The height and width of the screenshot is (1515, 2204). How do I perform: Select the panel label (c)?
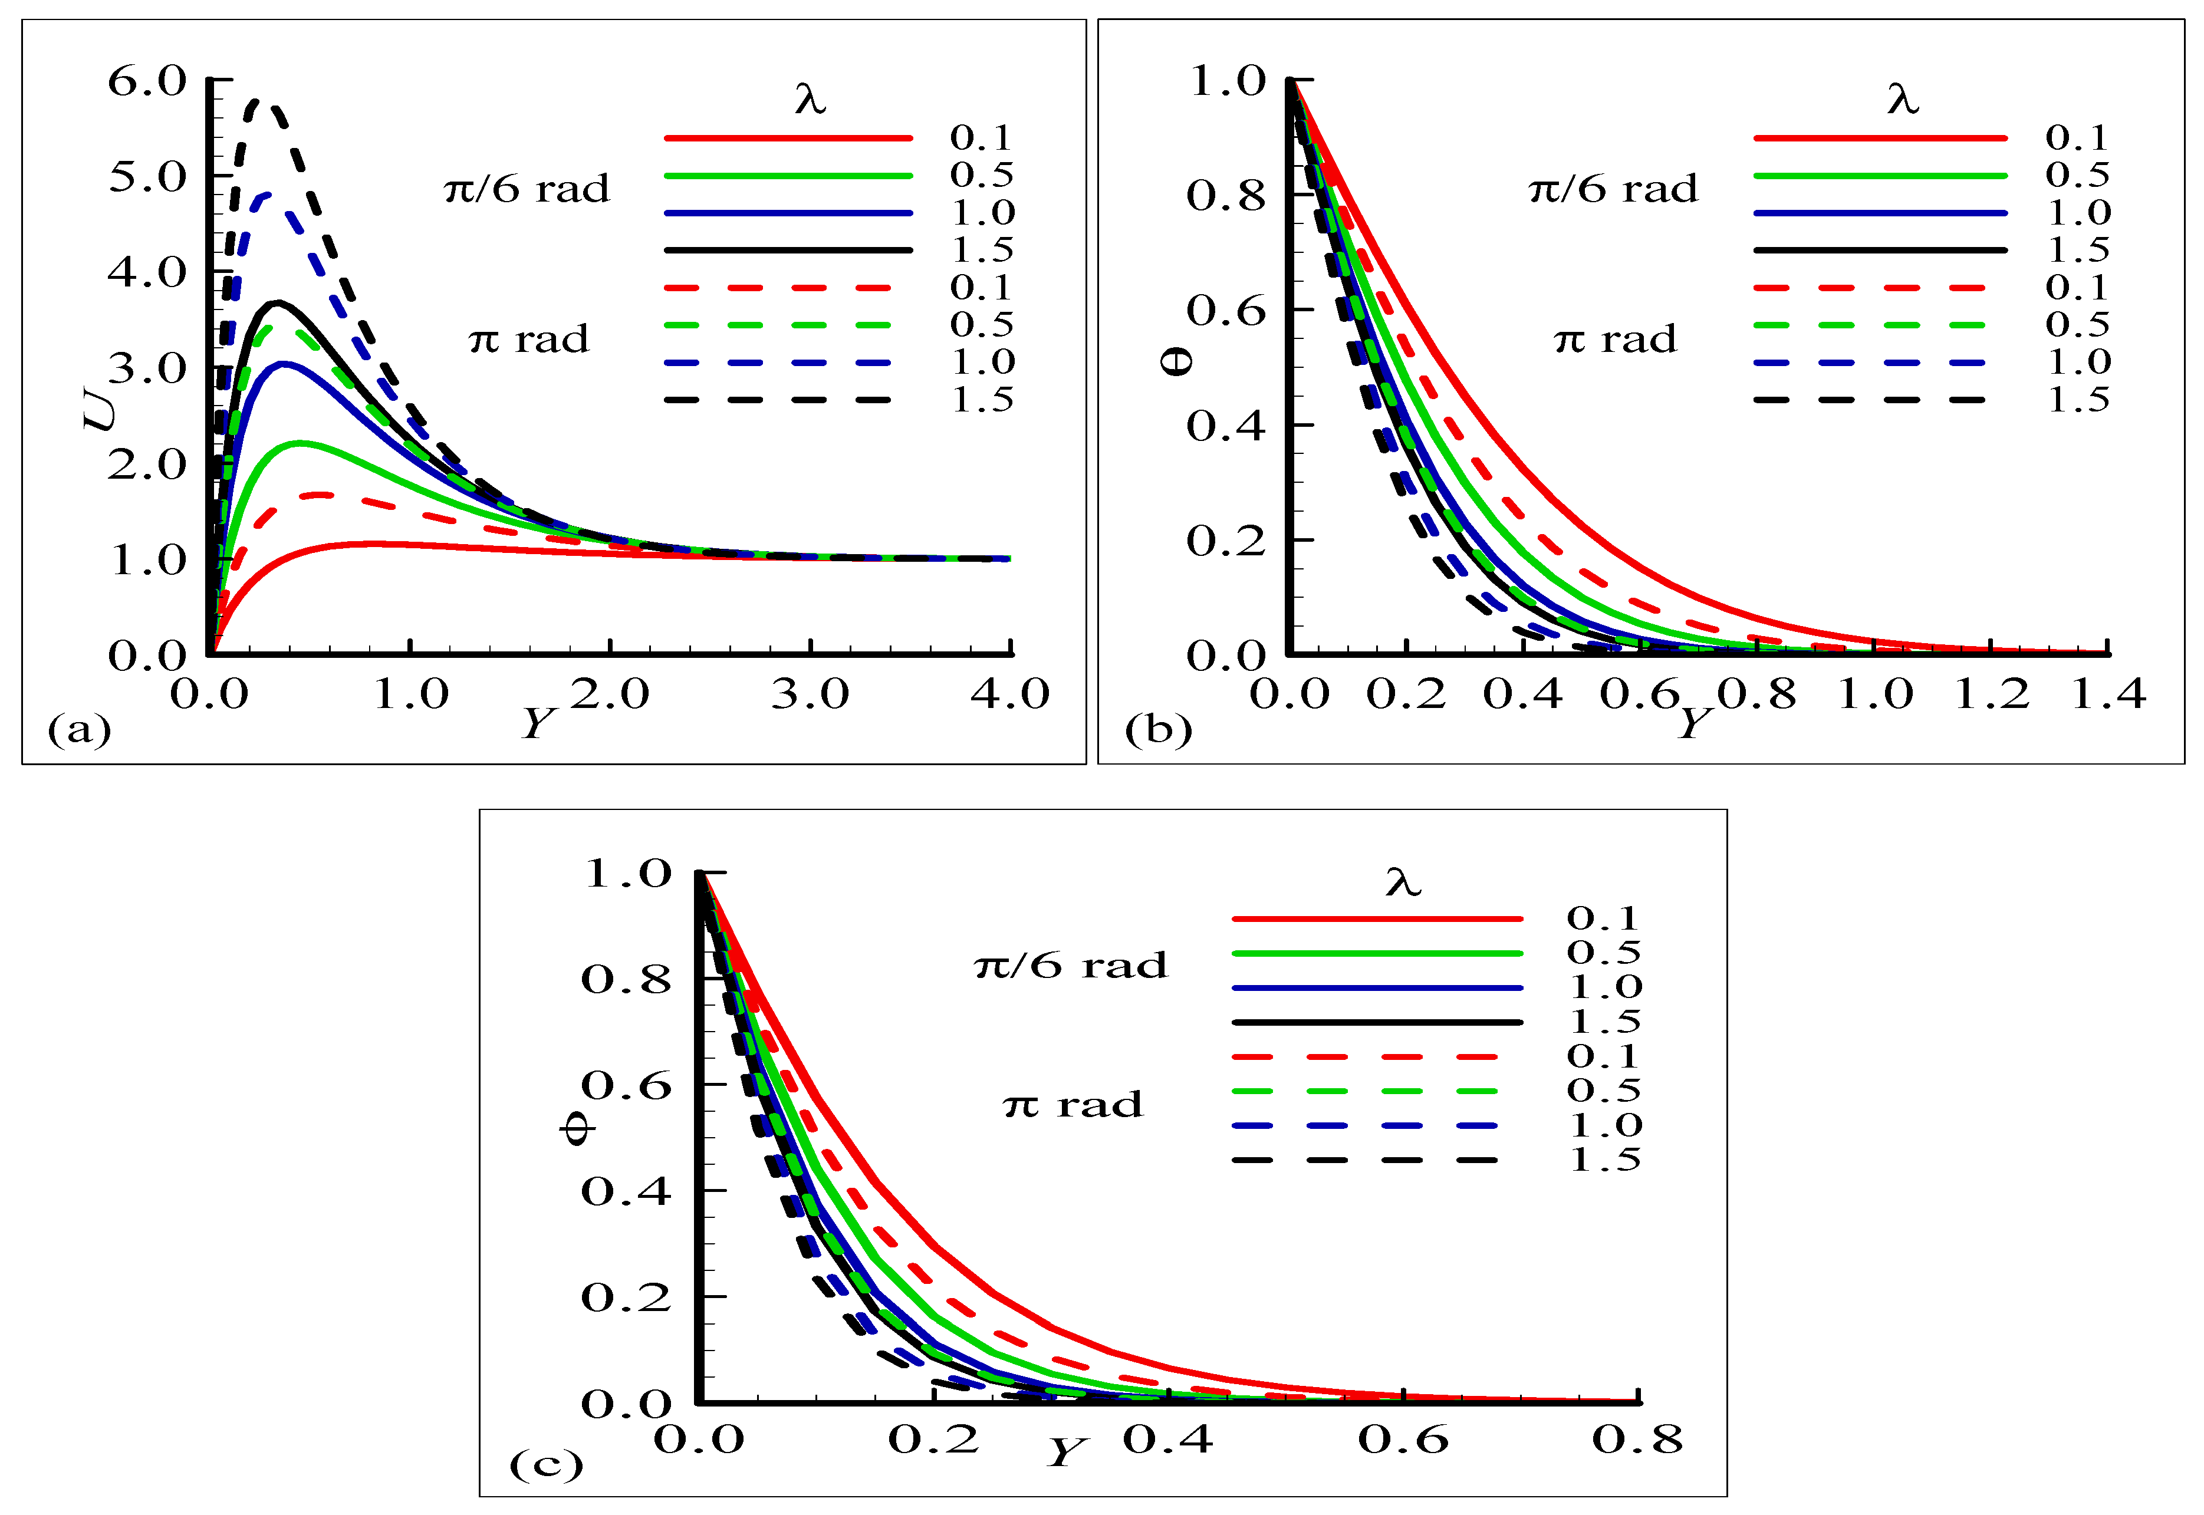coord(546,1465)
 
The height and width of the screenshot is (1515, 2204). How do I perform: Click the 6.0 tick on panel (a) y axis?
coord(147,81)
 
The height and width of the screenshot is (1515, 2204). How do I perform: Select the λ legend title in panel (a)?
coord(810,98)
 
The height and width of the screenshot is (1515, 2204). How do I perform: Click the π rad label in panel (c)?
coord(1073,1105)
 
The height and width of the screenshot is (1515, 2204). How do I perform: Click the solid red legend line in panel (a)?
coord(788,139)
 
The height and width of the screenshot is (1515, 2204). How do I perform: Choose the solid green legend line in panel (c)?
coord(1376,953)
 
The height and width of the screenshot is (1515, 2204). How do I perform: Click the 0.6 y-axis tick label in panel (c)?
coord(626,1085)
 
